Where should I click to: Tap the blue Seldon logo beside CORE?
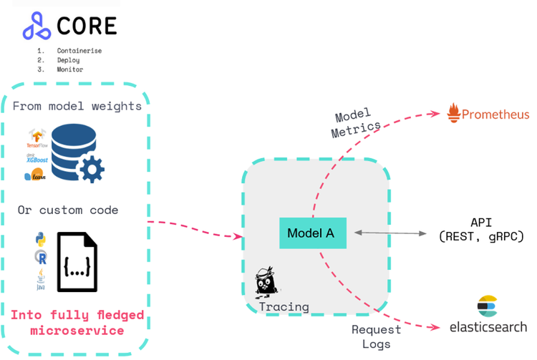coord(37,27)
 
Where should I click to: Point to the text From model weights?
coord(77,105)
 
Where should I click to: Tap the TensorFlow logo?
coord(37,137)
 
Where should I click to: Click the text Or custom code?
coord(68,210)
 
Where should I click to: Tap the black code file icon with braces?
coord(76,262)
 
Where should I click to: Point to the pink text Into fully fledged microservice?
coord(77,322)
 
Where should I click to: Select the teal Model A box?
coord(313,233)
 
